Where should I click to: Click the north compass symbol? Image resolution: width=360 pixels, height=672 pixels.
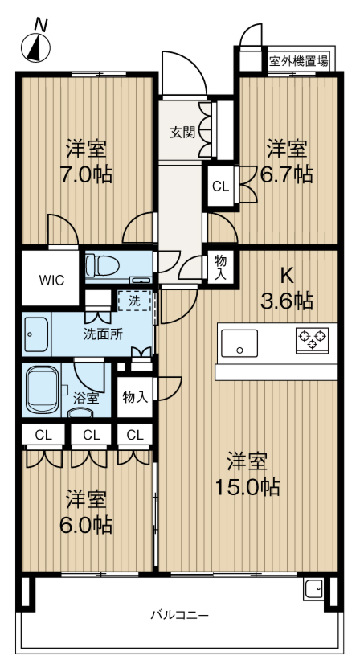coord(36,47)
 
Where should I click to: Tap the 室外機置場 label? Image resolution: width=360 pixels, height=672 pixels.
coord(299,61)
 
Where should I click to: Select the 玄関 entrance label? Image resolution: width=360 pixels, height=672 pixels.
coord(182,133)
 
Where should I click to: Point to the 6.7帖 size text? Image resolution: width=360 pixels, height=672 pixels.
coord(287,174)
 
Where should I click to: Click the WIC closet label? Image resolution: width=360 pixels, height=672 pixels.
coord(51,281)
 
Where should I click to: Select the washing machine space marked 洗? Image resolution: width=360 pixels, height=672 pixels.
coord(134,301)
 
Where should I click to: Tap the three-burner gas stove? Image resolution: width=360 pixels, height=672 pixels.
coord(312,340)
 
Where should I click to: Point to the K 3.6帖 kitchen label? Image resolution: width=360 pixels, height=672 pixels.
coord(287,289)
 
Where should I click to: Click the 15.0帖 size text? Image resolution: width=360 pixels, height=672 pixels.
coord(247,487)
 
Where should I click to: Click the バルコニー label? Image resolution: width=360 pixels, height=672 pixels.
coord(179,616)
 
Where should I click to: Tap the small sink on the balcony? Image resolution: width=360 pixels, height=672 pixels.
coord(313,588)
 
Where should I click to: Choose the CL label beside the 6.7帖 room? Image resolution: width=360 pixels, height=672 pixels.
coord(221,186)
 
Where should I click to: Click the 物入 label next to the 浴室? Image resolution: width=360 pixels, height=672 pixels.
coord(135,397)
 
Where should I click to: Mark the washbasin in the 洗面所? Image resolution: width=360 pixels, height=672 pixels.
coord(36,334)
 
